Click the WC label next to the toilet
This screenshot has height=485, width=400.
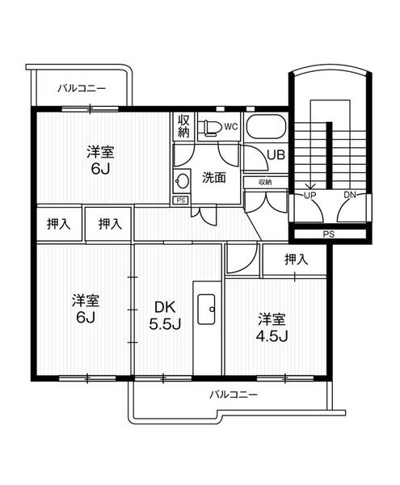(x=230, y=126)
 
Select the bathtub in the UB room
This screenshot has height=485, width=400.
(x=264, y=128)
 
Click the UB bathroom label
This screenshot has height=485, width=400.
(x=274, y=154)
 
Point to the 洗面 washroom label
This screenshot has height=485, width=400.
(x=214, y=178)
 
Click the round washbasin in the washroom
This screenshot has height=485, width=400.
(x=183, y=180)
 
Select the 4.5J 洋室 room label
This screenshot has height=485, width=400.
(x=272, y=327)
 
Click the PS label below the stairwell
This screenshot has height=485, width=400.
(x=328, y=234)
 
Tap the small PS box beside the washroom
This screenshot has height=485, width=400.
(x=180, y=199)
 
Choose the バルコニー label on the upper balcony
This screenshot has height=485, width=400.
(x=81, y=89)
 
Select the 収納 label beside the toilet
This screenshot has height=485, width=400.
(x=184, y=127)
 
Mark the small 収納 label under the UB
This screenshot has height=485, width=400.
(x=265, y=183)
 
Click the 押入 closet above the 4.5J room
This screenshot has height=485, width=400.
(x=296, y=259)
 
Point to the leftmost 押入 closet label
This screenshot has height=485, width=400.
(x=58, y=224)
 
